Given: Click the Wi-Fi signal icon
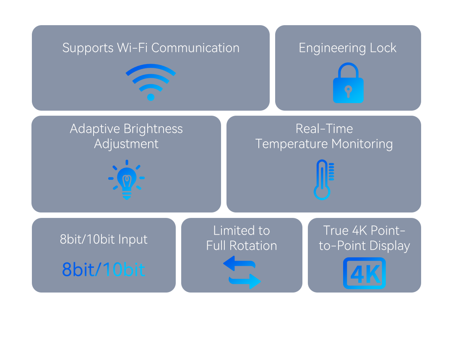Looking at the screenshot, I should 151,81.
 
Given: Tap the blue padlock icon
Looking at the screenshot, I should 348,84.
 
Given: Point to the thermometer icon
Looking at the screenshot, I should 323,179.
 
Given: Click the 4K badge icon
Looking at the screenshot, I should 364,273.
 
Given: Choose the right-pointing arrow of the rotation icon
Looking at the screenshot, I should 245,281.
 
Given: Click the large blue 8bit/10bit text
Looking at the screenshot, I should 104,269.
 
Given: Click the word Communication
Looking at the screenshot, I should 195,48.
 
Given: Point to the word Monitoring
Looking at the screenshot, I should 362,144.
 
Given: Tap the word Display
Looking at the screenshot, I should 391,246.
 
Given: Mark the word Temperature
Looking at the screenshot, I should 292,144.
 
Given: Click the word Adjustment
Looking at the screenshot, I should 126,144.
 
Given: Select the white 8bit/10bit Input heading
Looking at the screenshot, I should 104,239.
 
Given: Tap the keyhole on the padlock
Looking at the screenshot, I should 348,91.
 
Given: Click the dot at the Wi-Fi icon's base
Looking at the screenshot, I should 151,97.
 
